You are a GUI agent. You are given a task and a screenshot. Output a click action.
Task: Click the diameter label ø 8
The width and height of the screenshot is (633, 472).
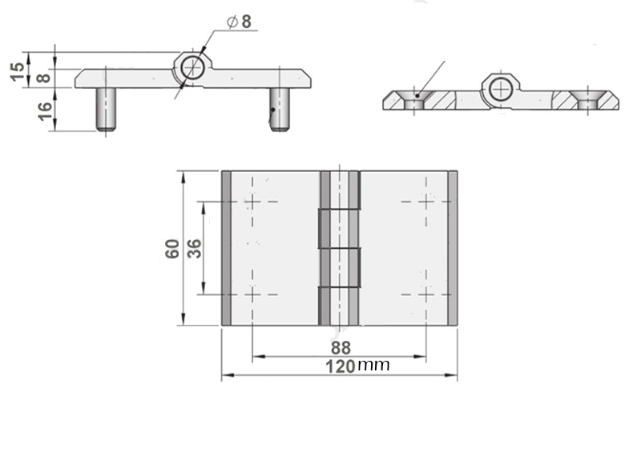point(239,22)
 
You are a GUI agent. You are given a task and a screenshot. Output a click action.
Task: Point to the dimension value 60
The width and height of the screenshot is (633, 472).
point(171,248)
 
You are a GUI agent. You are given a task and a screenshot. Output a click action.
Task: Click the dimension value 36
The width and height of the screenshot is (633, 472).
point(193,248)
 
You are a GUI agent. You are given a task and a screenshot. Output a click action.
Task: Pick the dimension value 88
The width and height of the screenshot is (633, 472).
point(341,348)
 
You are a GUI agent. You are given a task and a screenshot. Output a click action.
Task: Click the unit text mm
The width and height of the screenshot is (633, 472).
point(373,366)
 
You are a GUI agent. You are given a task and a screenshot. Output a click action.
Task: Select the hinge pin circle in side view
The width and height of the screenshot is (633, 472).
point(192,67)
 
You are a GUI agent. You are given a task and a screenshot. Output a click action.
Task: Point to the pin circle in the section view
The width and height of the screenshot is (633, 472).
point(500,87)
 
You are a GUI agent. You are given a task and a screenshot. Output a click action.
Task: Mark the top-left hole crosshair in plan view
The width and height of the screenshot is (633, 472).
point(252,201)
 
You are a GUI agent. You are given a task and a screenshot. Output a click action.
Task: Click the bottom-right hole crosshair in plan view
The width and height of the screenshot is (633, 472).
point(425,294)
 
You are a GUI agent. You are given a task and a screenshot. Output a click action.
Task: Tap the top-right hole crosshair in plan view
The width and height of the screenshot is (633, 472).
point(425,201)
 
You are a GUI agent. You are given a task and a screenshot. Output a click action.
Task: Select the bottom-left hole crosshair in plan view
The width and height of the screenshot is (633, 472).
point(252,294)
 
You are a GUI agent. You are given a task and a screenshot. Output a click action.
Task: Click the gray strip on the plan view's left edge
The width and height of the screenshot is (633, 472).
point(226,248)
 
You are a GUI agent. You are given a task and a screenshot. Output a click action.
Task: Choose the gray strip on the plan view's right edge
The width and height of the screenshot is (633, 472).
point(453,248)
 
